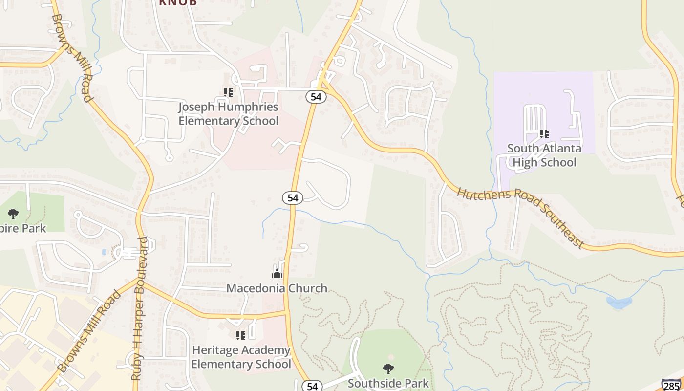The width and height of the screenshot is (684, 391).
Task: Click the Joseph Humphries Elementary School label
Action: tap(228, 114)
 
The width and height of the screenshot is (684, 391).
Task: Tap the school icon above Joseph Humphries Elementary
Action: tap(228, 92)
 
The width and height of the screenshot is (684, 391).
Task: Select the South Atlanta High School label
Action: tap(544, 155)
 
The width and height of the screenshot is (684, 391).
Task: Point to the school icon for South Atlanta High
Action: tap(544, 133)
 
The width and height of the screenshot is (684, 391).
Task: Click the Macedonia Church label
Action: tap(277, 288)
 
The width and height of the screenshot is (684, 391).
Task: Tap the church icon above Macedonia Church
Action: tap(277, 273)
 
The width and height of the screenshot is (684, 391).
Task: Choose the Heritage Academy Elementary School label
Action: tap(241, 357)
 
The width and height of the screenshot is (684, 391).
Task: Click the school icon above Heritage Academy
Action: tap(240, 335)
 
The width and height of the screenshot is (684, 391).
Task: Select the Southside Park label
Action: tap(388, 384)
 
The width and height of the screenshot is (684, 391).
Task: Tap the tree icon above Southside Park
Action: tap(388, 369)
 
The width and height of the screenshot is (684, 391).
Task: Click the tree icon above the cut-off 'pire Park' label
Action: tap(13, 214)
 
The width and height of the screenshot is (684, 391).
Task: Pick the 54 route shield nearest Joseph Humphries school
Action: tap(316, 97)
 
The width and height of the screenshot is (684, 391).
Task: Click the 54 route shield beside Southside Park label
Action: tap(312, 386)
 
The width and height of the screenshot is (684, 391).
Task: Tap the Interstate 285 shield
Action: tap(671, 385)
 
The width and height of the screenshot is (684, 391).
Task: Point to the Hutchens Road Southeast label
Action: tap(521, 218)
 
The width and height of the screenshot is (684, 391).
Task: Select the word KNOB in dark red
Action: tap(178, 2)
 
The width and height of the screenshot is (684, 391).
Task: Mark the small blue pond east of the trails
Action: tap(619, 303)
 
